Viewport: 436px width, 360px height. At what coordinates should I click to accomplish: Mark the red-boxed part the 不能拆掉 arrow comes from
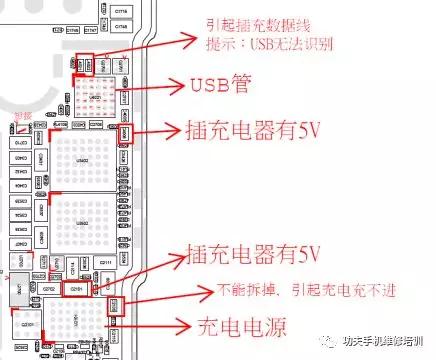(x=113, y=303)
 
